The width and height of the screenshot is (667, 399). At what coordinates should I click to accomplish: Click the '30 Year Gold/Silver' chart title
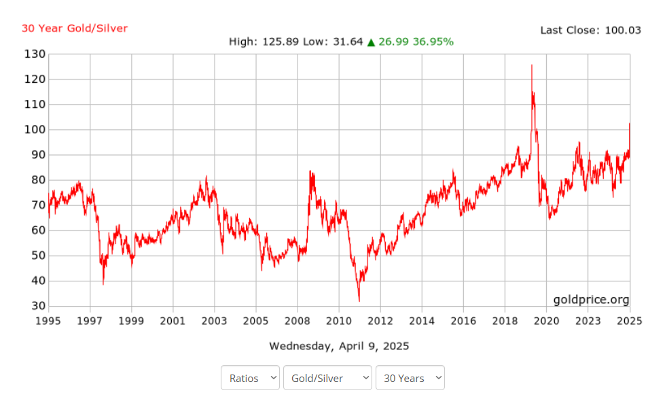pos(75,29)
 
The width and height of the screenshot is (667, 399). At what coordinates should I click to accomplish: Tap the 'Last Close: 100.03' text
pos(590,30)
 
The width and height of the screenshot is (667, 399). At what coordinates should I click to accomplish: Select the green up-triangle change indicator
pos(371,42)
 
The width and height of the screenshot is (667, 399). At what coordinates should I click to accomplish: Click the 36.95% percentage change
pos(433,42)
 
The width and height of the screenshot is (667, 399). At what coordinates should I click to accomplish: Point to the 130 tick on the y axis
pos(35,54)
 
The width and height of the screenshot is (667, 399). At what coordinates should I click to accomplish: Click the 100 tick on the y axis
pos(35,130)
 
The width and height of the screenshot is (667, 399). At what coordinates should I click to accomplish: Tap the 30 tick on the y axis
pos(38,307)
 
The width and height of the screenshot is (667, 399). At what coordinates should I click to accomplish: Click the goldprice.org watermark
pos(591,300)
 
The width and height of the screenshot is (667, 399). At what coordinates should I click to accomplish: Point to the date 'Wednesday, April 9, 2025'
pos(339,346)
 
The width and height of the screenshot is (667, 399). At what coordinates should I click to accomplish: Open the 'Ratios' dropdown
pos(250,378)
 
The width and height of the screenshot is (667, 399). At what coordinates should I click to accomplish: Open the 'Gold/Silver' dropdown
pos(327,378)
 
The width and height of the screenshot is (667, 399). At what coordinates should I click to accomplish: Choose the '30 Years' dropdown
pos(410,378)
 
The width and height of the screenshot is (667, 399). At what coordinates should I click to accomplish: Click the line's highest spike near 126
pos(531,65)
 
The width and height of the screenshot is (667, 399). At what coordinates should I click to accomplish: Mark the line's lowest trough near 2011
pos(359,300)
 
